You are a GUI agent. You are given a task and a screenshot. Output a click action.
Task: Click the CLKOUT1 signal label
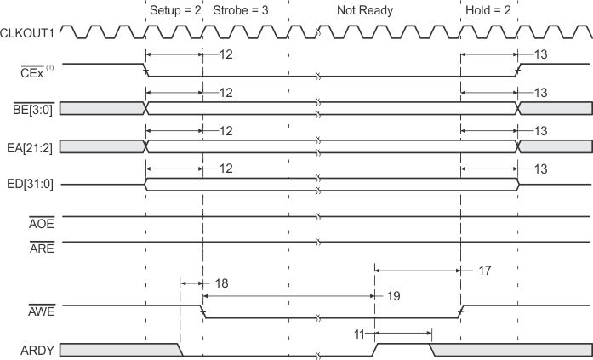(x=29, y=33)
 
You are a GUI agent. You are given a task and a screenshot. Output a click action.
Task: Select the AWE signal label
(x=42, y=311)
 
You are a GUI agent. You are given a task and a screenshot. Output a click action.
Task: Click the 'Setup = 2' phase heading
(x=174, y=11)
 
